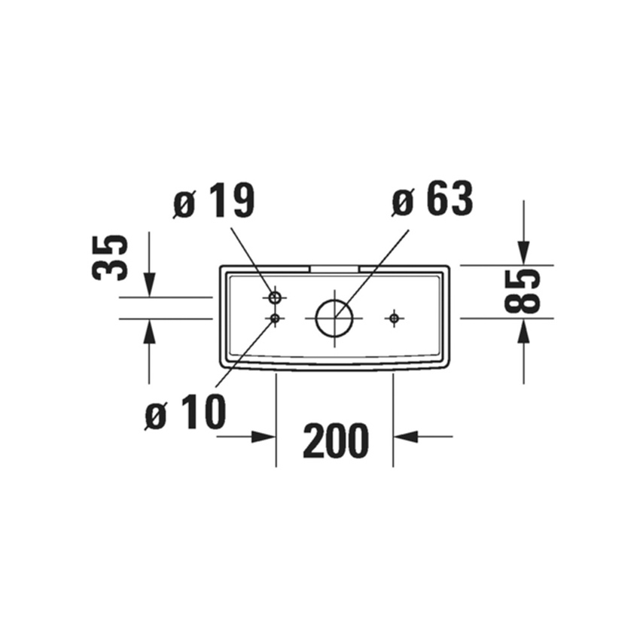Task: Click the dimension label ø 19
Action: pos(215,201)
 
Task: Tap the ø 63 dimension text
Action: pos(432,200)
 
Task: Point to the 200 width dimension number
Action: pos(335,440)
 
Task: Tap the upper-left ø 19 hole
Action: pos(276,297)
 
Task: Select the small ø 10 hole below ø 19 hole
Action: pos(276,319)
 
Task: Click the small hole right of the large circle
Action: pos(393,318)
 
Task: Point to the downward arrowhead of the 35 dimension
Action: pos(149,285)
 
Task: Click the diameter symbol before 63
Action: pos(404,202)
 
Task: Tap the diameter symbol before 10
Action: pos(155,415)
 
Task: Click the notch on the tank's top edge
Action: pos(334,267)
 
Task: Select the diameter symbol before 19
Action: pos(184,203)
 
